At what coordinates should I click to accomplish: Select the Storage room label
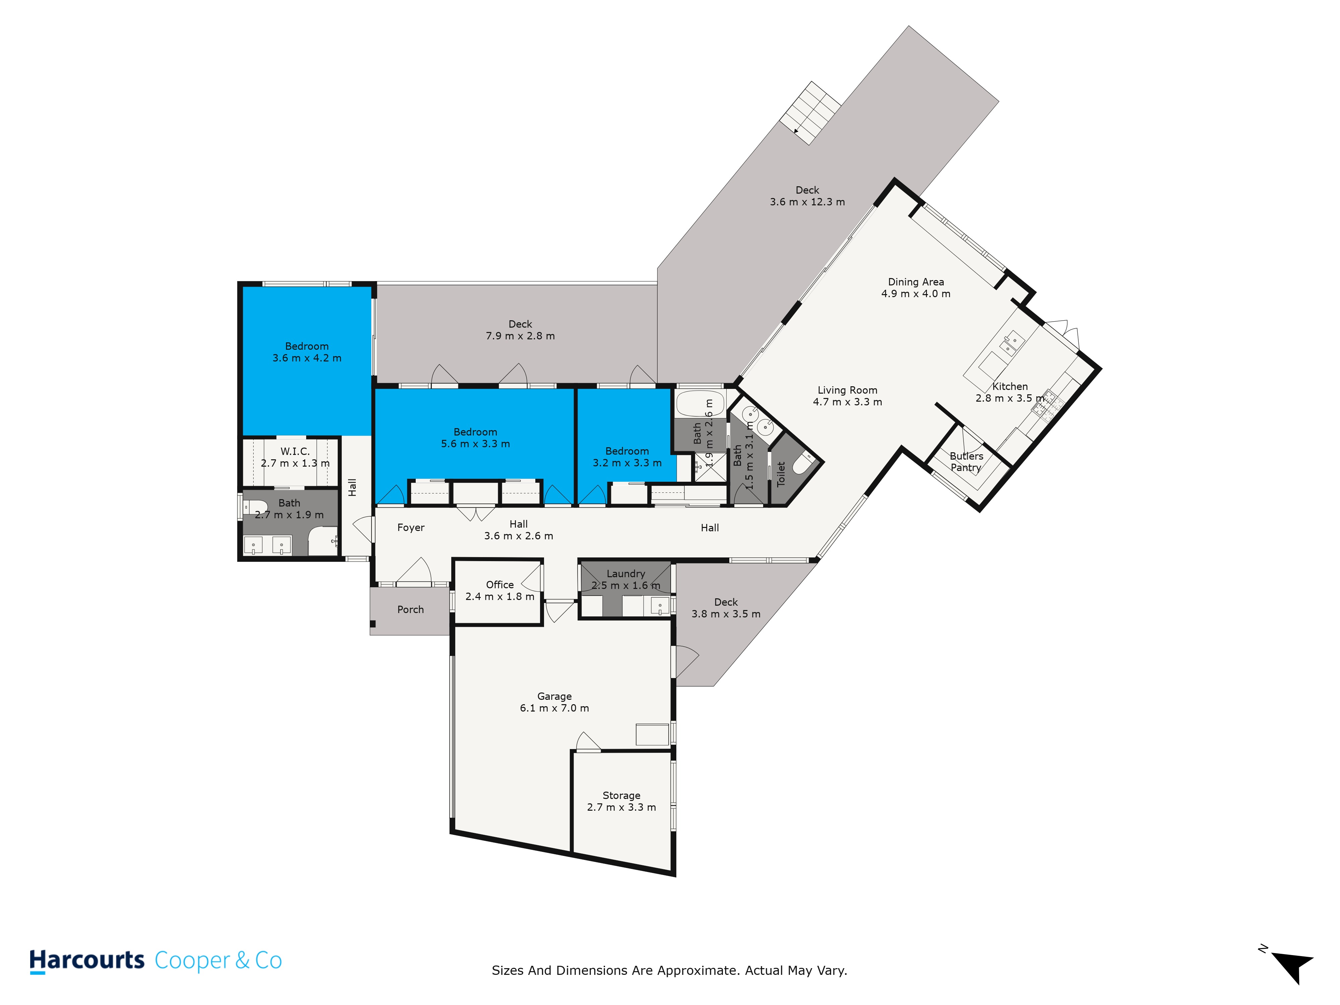pyautogui.click(x=621, y=795)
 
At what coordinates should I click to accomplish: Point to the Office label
pyautogui.click(x=500, y=585)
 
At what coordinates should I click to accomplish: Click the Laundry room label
pyautogui.click(x=626, y=574)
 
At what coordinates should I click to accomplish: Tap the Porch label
pyautogui.click(x=411, y=609)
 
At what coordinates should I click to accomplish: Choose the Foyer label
pyautogui.click(x=411, y=528)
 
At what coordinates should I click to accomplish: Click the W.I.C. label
pyautogui.click(x=295, y=451)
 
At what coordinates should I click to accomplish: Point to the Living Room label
pyautogui.click(x=848, y=390)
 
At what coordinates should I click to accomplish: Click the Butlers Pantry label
pyautogui.click(x=966, y=462)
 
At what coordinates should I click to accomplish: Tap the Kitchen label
pyautogui.click(x=1010, y=387)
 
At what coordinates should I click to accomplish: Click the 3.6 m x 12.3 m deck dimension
pyautogui.click(x=807, y=202)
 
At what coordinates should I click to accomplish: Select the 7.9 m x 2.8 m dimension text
pyautogui.click(x=520, y=336)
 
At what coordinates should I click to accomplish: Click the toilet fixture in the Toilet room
pyautogui.click(x=803, y=463)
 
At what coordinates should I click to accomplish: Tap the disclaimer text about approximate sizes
pyautogui.click(x=669, y=970)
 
